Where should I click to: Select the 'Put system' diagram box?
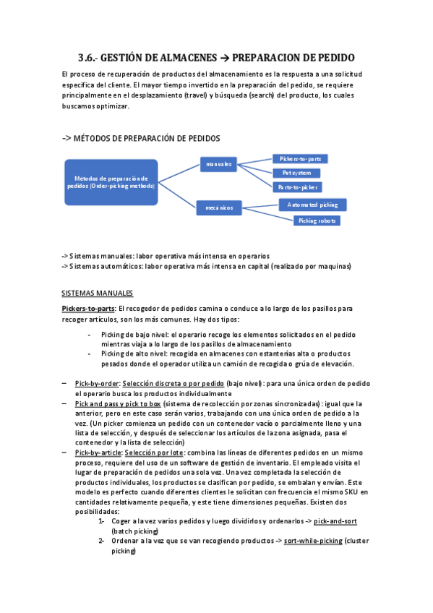click(x=297, y=173)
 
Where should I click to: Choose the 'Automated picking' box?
click(x=312, y=205)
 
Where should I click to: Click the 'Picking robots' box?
click(x=317, y=220)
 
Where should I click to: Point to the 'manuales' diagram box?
click(x=218, y=165)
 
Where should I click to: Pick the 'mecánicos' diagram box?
click(x=218, y=208)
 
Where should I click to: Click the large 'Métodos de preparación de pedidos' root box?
click(x=111, y=181)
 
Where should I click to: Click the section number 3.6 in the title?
click(x=87, y=59)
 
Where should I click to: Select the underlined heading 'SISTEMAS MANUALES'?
click(x=98, y=293)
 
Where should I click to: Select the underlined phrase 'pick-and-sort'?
click(x=335, y=520)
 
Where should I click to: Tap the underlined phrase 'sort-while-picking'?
click(x=315, y=541)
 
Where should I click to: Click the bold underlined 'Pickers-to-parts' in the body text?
click(x=88, y=308)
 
